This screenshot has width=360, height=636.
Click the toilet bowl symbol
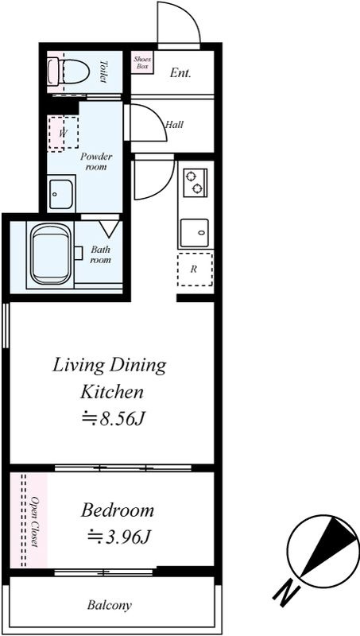(68, 72)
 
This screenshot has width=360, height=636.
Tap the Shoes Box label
(142, 63)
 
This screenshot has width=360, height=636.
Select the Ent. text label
(180, 73)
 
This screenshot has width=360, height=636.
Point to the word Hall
(174, 125)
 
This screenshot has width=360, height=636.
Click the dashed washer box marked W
(63, 133)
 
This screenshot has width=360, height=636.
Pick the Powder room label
(96, 161)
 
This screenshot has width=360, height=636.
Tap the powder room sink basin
(61, 193)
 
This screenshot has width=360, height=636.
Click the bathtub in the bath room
(50, 254)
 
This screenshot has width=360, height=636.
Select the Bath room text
(100, 254)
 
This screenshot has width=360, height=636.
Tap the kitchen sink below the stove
(195, 233)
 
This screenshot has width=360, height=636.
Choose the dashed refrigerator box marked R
(195, 269)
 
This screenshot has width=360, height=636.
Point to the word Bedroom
(118, 510)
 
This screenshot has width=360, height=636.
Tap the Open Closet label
(35, 521)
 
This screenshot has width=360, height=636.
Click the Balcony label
(110, 606)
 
